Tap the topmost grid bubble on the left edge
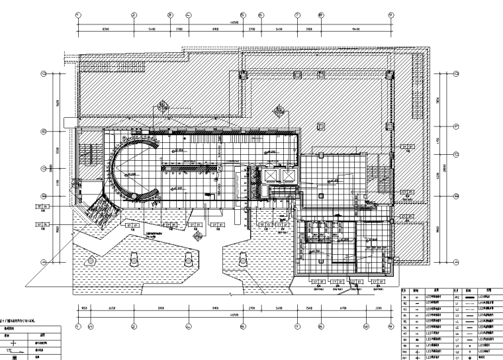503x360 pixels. click(44, 74)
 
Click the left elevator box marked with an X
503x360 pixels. click(271, 175)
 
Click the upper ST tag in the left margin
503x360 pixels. click(43, 207)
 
